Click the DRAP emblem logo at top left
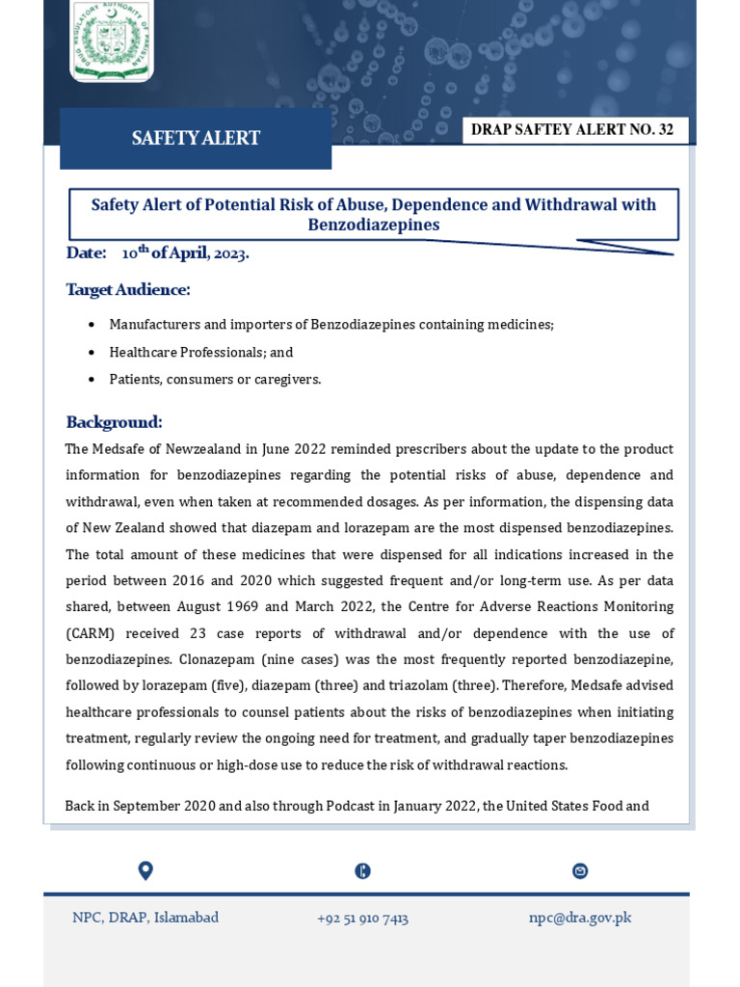click(111, 40)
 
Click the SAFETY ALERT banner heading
click(196, 138)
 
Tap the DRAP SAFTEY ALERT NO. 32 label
click(575, 130)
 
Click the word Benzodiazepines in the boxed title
click(374, 226)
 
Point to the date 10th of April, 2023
click(185, 253)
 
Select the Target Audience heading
click(128, 289)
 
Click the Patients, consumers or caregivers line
click(215, 380)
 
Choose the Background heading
click(114, 422)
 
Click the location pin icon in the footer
click(145, 870)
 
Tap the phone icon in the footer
click(362, 871)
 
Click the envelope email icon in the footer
click(580, 871)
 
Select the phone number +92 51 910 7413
click(362, 919)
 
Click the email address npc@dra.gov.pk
click(580, 918)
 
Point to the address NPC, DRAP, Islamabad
click(145, 918)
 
